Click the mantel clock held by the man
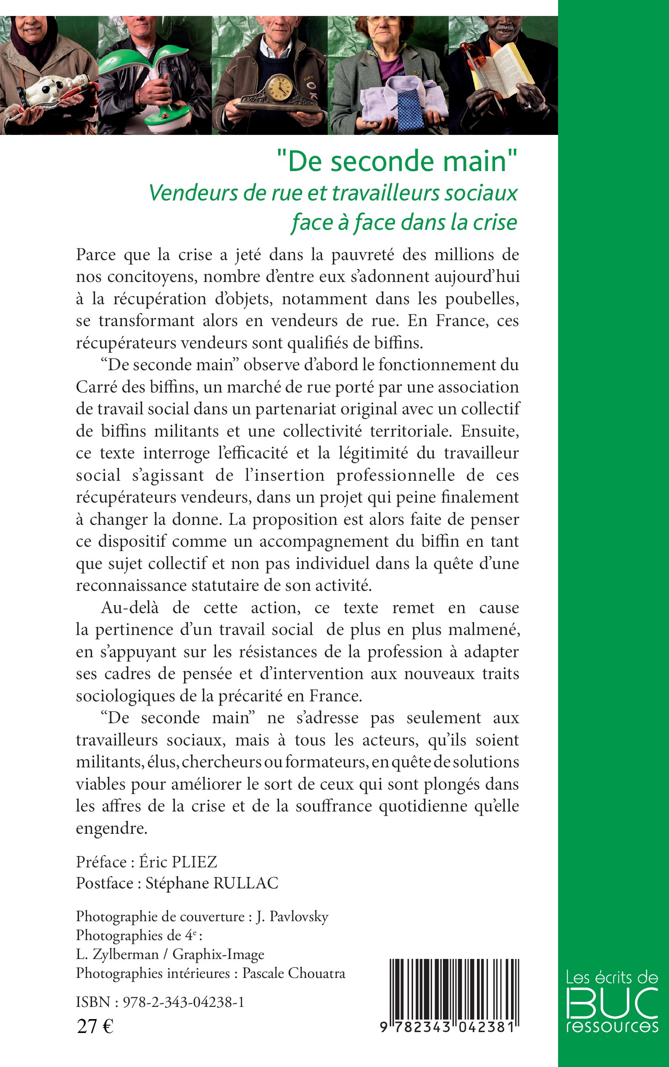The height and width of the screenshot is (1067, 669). (x=277, y=94)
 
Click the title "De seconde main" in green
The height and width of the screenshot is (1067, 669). (x=397, y=161)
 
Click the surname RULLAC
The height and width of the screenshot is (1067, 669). (x=246, y=883)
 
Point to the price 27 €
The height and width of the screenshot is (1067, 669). (x=95, y=1026)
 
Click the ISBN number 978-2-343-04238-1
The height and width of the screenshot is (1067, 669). (x=183, y=1002)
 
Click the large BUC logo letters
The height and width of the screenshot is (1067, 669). (x=612, y=1002)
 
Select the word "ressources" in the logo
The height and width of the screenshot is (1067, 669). (x=612, y=1026)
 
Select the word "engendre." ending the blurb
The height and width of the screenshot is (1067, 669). (x=111, y=828)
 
